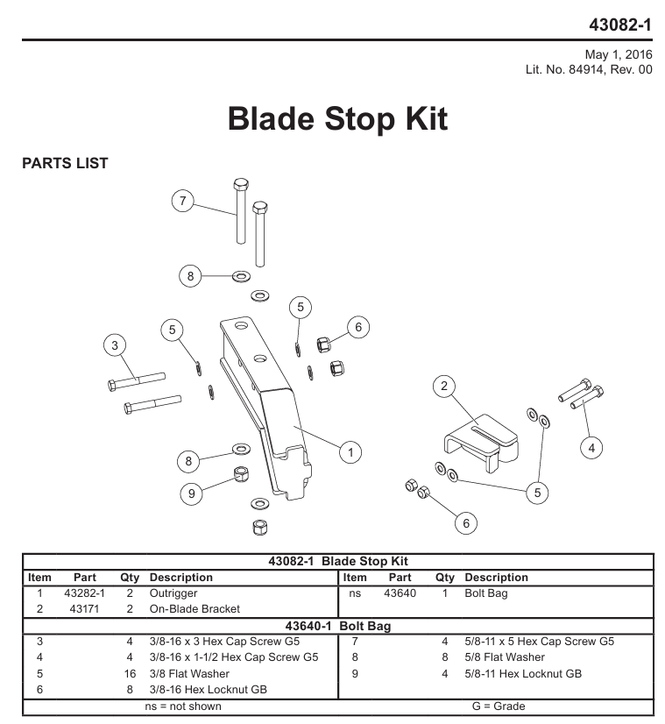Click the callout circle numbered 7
pyautogui.click(x=183, y=201)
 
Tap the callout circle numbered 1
pyautogui.click(x=350, y=452)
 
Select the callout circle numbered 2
pyautogui.click(x=444, y=386)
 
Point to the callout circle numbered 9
pyautogui.click(x=192, y=494)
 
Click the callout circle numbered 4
pyautogui.click(x=591, y=448)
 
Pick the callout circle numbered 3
pyautogui.click(x=115, y=345)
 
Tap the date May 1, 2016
pyautogui.click(x=619, y=54)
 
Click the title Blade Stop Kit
pyautogui.click(x=338, y=119)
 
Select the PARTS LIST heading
pyautogui.click(x=65, y=163)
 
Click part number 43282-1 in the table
pyautogui.click(x=84, y=593)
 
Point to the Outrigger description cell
pyautogui.click(x=173, y=593)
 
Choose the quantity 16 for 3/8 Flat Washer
pyautogui.click(x=130, y=674)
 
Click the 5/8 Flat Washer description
pyautogui.click(x=505, y=657)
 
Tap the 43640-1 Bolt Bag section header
pyautogui.click(x=338, y=626)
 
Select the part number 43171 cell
pyautogui.click(x=84, y=609)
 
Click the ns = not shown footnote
pyautogui.click(x=183, y=706)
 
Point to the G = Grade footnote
pyautogui.click(x=499, y=706)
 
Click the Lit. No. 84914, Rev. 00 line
pyautogui.click(x=589, y=70)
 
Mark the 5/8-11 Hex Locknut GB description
pyautogui.click(x=523, y=674)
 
